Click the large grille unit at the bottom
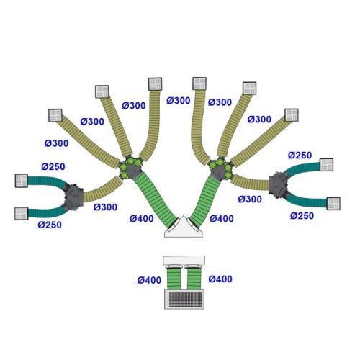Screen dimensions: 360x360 (184, 299)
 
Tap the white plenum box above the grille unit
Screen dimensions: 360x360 (184, 261)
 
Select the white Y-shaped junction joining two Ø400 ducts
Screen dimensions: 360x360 (184, 228)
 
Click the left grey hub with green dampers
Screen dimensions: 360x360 (130, 168)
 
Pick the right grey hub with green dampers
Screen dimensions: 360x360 (221, 168)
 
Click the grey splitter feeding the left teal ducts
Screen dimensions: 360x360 (74, 196)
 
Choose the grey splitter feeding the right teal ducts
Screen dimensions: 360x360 (278, 184)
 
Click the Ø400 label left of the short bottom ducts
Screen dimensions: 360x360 (149, 280)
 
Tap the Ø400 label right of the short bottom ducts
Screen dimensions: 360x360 (220, 279)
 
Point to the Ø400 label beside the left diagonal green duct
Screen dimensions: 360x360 (142, 219)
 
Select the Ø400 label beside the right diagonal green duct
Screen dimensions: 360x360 (222, 219)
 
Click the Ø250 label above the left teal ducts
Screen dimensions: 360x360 (53, 166)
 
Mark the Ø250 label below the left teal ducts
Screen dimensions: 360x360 (50, 225)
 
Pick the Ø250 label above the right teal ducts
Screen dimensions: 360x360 (300, 156)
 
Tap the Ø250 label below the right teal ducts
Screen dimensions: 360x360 (302, 216)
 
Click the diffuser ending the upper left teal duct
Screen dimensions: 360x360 (22, 181)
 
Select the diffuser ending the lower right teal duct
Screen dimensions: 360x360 (333, 204)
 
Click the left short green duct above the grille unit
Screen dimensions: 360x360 (174, 279)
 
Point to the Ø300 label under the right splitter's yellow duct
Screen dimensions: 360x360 (250, 199)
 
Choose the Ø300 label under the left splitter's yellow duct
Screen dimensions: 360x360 (105, 207)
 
